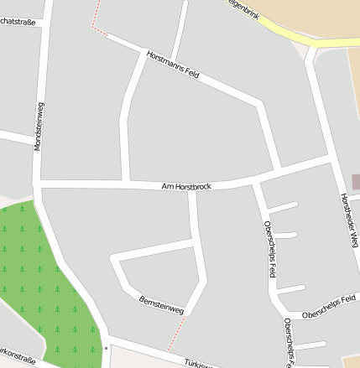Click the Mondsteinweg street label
tap(39, 126)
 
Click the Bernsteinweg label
tap(161, 303)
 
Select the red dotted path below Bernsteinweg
tap(175, 335)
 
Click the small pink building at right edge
tap(356, 182)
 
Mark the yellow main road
tap(285, 32)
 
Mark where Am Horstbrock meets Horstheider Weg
tap(330, 156)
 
